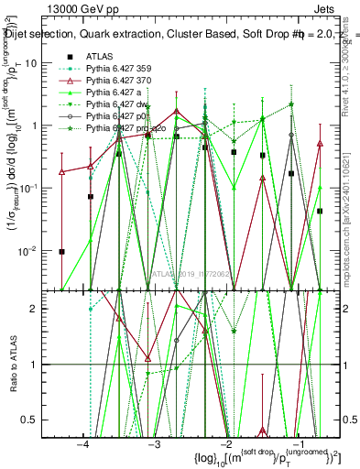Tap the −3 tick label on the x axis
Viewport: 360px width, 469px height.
(153, 443)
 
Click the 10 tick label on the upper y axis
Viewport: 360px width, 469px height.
(41, 62)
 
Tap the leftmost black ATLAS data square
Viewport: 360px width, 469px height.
(62, 252)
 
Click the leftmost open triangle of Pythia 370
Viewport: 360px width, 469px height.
(62, 171)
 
